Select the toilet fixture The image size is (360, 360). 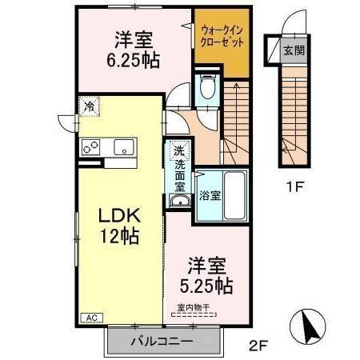coord(207,86)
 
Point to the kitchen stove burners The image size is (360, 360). coord(90,146)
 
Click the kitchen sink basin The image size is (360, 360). coord(123,146)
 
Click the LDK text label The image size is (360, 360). coord(119,215)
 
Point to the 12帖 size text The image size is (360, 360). coord(119,236)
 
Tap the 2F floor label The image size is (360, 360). coord(257,346)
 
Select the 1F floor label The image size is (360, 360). coord(296,189)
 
